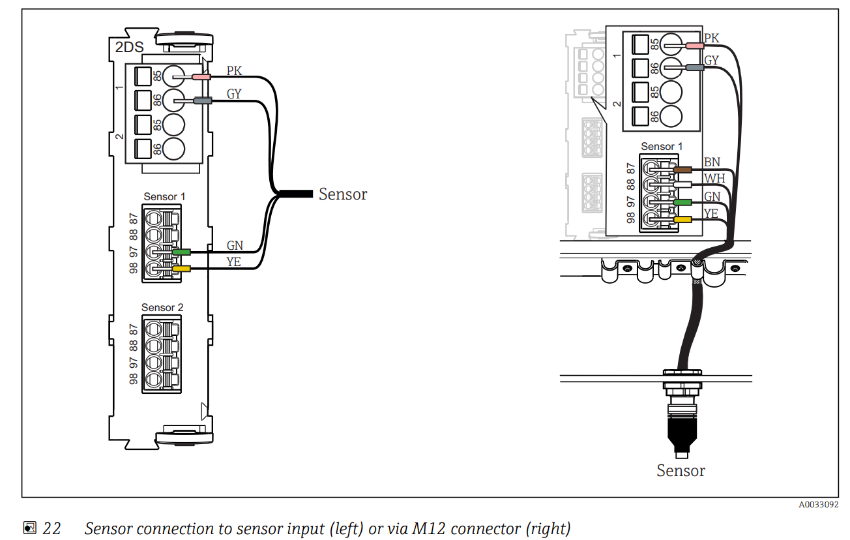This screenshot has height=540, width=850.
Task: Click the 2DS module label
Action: [x=130, y=48]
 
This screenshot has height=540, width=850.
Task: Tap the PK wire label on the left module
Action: [x=234, y=70]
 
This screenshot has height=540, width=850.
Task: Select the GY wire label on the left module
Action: [x=234, y=94]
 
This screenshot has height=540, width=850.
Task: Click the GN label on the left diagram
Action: [x=235, y=245]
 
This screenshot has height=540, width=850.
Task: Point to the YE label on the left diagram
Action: [x=234, y=262]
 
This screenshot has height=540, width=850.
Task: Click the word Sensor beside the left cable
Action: [x=343, y=194]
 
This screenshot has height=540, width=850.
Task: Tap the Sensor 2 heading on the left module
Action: [x=162, y=307]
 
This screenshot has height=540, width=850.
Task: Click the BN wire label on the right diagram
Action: [x=712, y=162]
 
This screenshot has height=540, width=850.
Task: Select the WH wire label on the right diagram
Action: [x=714, y=179]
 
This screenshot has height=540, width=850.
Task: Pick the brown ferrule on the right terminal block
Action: [x=682, y=170]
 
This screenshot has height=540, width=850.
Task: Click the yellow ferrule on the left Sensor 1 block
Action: [x=181, y=268]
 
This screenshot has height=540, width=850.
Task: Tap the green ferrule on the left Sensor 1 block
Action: [x=181, y=252]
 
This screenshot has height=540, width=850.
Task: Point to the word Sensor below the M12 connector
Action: [x=681, y=471]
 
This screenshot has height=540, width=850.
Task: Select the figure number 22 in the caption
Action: [x=51, y=528]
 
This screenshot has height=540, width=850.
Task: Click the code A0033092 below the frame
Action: [x=819, y=505]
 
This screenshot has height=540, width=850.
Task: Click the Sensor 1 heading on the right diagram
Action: [x=662, y=147]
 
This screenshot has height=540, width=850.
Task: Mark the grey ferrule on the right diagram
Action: [x=694, y=67]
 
